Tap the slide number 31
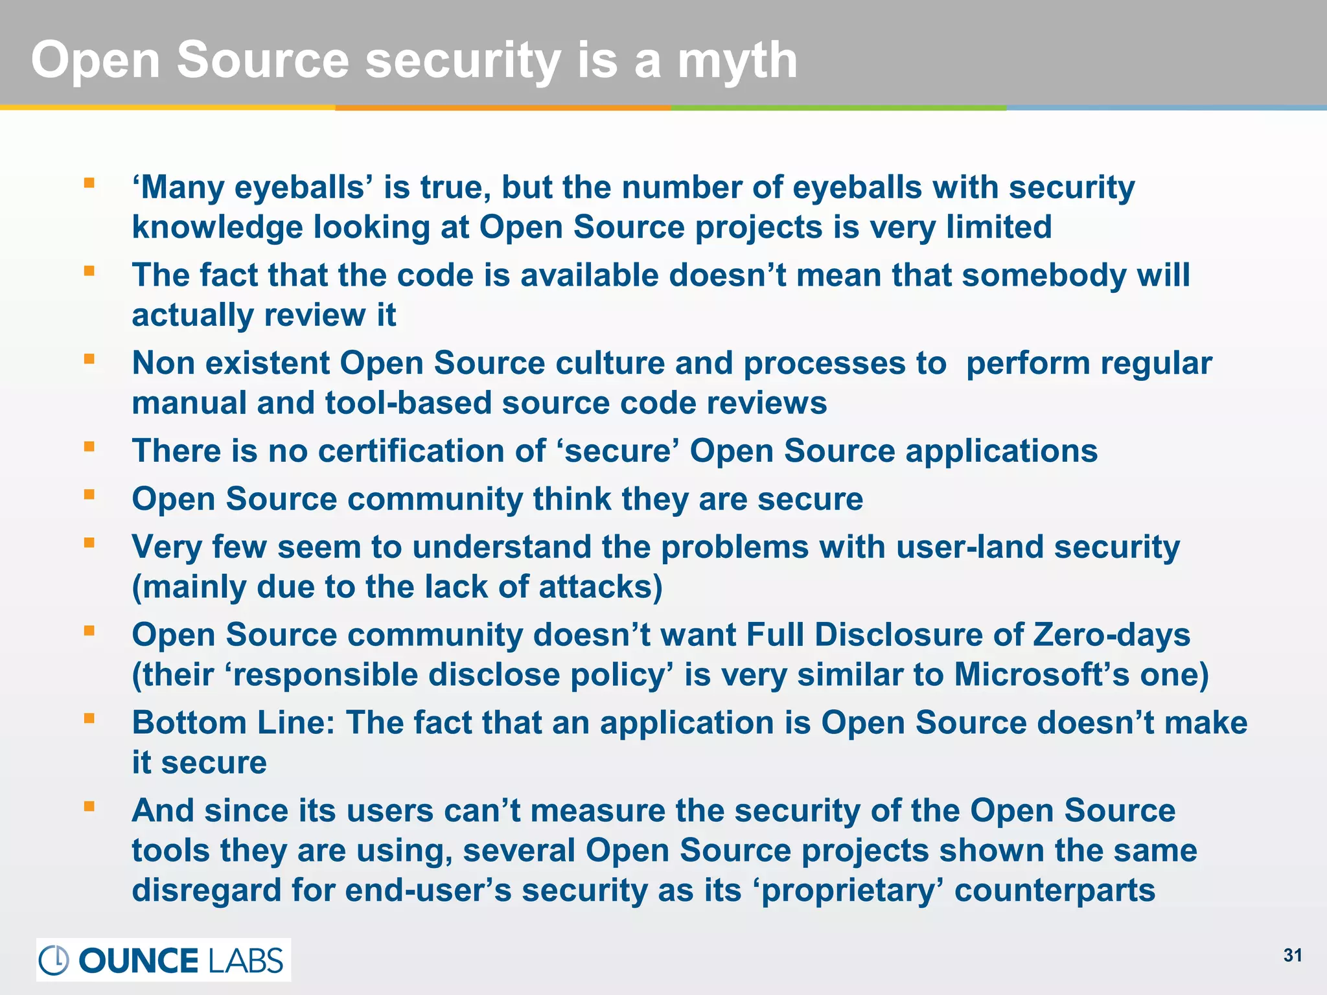tap(1293, 955)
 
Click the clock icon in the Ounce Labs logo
tap(54, 960)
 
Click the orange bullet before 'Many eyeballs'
tap(89, 183)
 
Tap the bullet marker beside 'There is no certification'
tap(89, 446)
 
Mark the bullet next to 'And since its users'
tap(89, 806)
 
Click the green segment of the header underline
tap(838, 108)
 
